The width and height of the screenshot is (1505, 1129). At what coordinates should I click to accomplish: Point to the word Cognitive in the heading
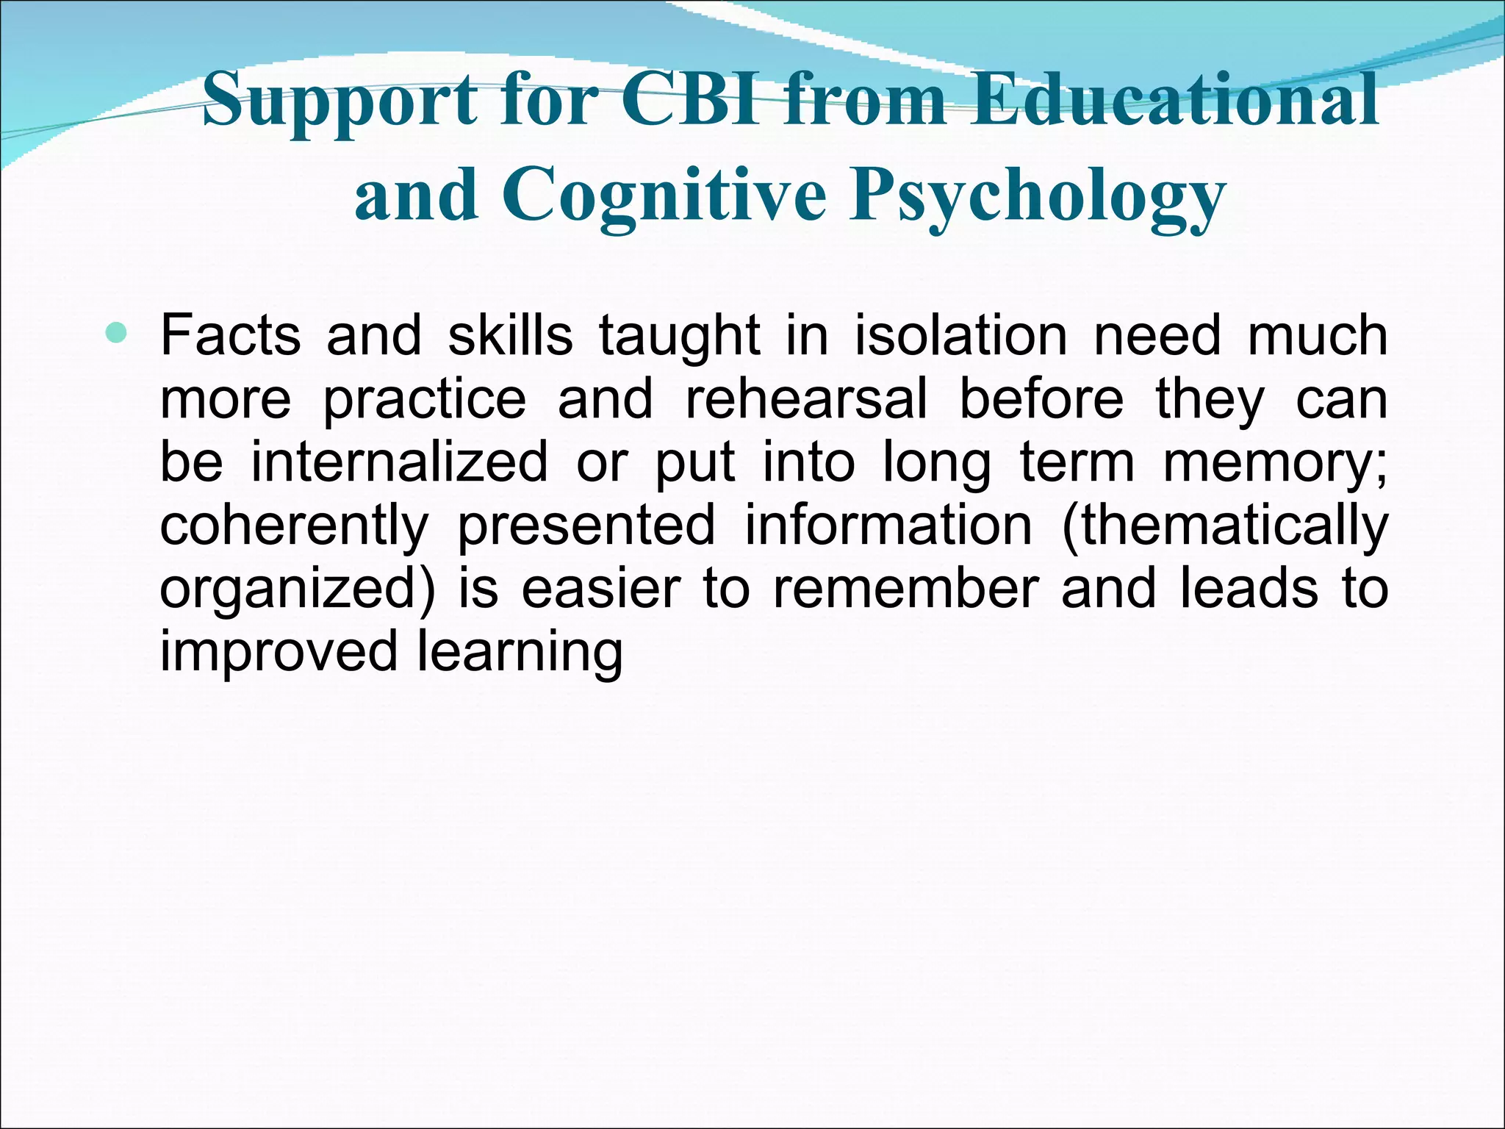point(664,195)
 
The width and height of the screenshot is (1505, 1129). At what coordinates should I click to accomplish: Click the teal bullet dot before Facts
point(116,334)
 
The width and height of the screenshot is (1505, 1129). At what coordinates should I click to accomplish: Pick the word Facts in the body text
point(230,335)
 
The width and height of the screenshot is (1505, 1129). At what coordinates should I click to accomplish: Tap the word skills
point(510,335)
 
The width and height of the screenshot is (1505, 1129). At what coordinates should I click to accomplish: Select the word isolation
point(960,335)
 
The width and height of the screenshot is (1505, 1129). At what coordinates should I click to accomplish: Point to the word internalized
point(399,462)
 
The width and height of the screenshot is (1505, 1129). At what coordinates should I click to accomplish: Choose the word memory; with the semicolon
point(1275,463)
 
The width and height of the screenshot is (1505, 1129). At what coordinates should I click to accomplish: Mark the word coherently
point(294,526)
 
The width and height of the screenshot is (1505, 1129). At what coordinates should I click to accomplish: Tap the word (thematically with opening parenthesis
point(1224,526)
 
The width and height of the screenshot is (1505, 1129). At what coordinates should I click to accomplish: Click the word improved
point(278,652)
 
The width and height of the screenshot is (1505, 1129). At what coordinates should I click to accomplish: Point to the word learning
point(520,653)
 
